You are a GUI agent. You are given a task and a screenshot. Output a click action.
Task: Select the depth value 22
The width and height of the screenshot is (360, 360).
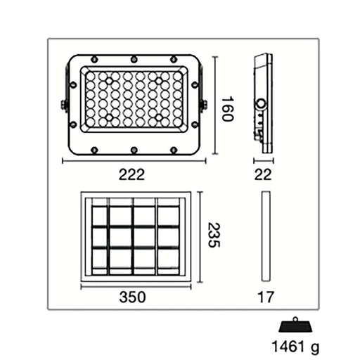click(x=262, y=175)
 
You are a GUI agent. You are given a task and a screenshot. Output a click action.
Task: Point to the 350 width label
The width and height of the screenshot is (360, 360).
click(x=132, y=297)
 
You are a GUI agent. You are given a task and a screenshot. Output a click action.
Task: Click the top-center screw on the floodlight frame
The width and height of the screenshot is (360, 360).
click(x=133, y=58)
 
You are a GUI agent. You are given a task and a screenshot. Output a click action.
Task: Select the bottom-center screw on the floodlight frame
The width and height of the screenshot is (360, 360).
click(x=133, y=149)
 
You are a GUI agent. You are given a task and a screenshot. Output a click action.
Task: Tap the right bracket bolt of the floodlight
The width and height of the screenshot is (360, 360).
click(x=204, y=105)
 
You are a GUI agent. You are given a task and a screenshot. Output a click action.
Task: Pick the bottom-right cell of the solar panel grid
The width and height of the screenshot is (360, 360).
click(x=168, y=262)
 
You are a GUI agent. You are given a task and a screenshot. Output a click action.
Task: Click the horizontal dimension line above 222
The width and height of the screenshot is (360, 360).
click(x=133, y=161)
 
